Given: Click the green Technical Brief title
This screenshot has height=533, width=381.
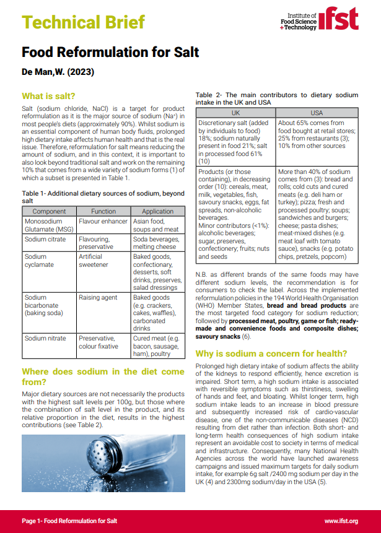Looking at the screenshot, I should tap(83, 22).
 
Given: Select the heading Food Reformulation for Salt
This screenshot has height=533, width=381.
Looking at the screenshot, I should tap(110, 51).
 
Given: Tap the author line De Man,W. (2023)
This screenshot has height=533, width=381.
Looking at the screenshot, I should tap(58, 72).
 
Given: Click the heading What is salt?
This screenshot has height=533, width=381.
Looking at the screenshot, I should tap(48, 96).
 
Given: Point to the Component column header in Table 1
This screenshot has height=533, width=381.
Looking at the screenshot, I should tap(49, 212).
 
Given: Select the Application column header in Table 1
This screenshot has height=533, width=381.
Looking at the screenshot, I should tap(157, 212).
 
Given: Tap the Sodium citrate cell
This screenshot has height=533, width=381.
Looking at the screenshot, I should tap(45, 239).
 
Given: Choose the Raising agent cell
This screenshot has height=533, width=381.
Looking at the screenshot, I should tap(98, 298).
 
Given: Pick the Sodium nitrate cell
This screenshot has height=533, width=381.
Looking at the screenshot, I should tap(46, 339).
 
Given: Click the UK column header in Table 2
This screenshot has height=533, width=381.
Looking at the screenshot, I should tap(235, 113).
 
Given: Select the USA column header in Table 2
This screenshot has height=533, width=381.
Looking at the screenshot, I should tap(317, 113).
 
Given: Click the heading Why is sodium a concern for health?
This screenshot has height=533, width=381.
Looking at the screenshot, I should tap(271, 353).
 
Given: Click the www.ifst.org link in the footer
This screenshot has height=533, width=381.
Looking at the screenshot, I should tap(341, 521).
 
